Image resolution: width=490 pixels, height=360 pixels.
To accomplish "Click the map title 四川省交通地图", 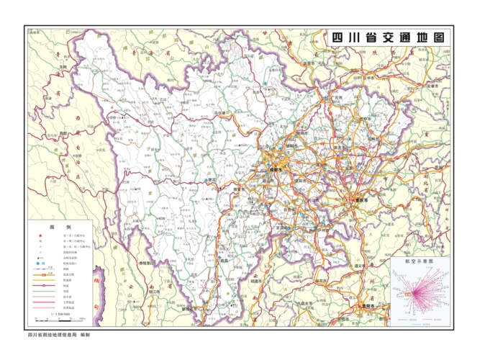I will [386, 37].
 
